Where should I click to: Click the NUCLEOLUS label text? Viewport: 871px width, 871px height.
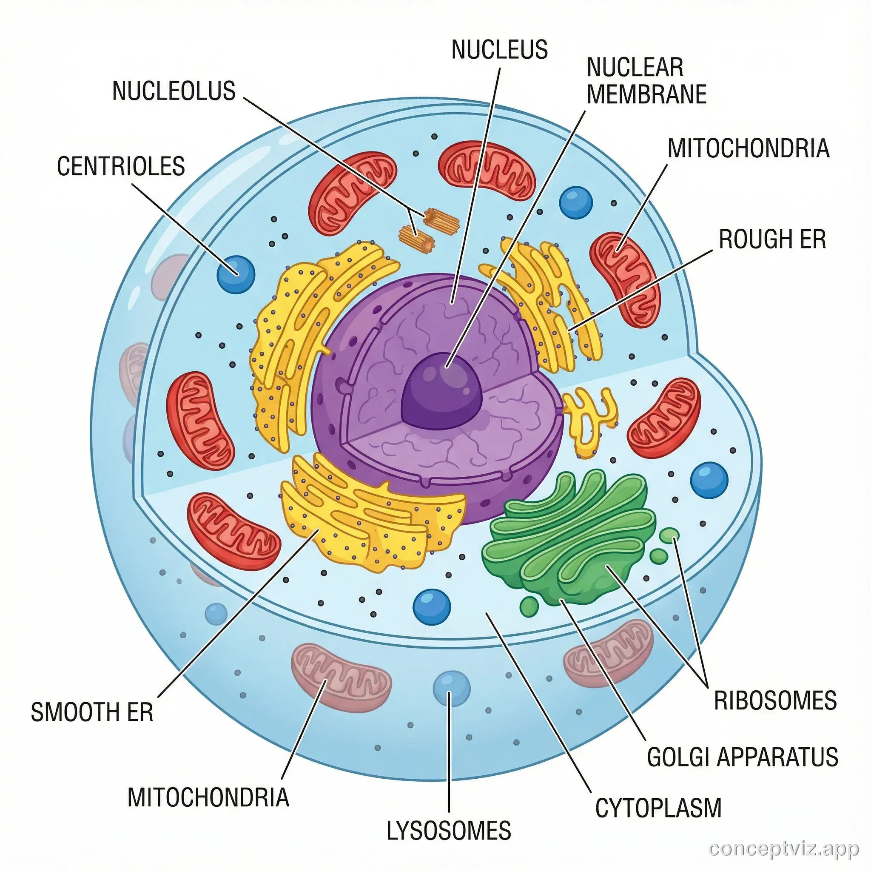click(x=174, y=91)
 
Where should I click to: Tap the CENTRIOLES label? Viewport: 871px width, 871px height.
click(x=121, y=166)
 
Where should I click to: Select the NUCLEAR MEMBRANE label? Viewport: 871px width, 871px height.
click(x=646, y=81)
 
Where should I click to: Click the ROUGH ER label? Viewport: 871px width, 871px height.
click(x=772, y=239)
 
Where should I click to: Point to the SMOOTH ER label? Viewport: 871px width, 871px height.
click(x=92, y=712)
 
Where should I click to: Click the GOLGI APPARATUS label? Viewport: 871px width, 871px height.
click(x=743, y=757)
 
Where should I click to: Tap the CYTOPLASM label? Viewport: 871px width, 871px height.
click(x=658, y=808)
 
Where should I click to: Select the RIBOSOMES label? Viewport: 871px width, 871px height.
click(x=775, y=700)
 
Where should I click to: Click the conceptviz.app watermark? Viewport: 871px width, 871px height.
click(x=783, y=849)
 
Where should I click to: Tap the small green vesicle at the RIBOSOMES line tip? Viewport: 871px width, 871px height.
click(x=669, y=535)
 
